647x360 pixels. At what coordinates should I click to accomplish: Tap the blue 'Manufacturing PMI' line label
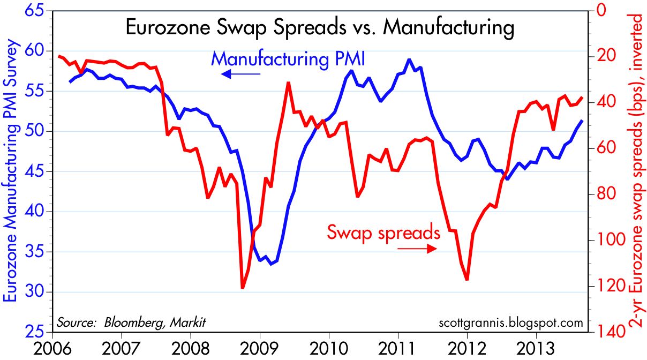click(x=288, y=58)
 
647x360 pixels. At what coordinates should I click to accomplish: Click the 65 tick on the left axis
click(x=32, y=11)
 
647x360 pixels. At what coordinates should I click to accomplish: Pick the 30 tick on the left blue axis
click(x=32, y=292)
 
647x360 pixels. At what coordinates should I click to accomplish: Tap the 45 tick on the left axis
click(x=32, y=172)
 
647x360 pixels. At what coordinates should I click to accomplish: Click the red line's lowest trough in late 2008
click(x=243, y=288)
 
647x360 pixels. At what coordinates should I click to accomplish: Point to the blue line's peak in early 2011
click(x=409, y=59)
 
